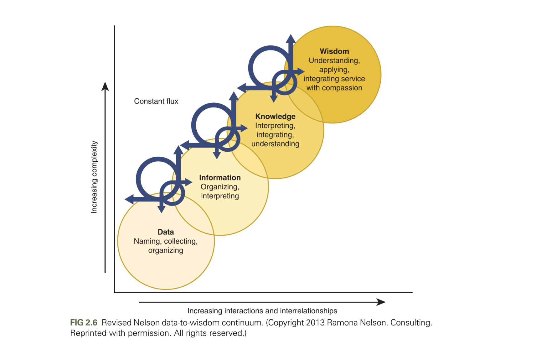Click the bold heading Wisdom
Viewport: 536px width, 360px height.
[x=334, y=51]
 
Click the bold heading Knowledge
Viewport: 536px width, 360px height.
[x=275, y=117]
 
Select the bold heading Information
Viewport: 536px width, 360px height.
[x=220, y=177]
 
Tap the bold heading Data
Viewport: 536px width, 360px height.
[x=166, y=232]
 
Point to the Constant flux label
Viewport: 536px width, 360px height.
[x=156, y=101]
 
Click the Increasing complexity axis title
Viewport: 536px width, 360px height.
[x=94, y=177]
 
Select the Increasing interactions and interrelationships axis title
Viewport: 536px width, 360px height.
[x=262, y=311]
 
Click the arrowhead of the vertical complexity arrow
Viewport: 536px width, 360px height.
[x=105, y=86]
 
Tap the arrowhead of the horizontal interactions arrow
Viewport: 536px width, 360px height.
[x=381, y=302]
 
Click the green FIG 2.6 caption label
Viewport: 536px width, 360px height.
[x=84, y=323]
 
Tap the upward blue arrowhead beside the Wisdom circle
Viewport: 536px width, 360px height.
[x=291, y=39]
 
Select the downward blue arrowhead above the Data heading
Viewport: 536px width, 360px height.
[x=162, y=209]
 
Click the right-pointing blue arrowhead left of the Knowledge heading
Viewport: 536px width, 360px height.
[x=244, y=128]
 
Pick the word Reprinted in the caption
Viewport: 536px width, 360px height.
[x=88, y=333]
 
